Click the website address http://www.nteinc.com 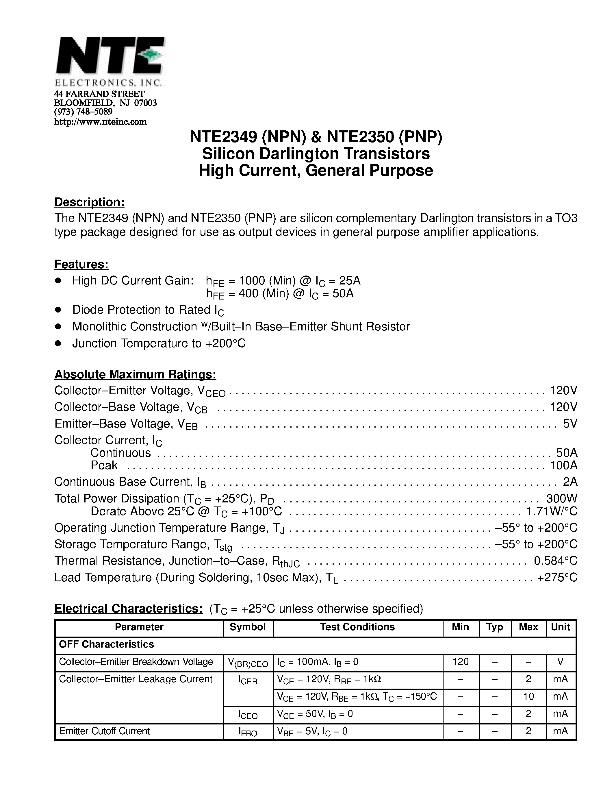[100, 122]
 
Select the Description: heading [90, 202]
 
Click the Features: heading [81, 264]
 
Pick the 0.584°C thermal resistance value [555, 561]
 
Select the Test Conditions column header [357, 627]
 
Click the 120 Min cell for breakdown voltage [461, 662]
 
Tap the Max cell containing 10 [528, 696]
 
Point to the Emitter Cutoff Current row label [104, 731]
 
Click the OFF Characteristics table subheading [107, 644]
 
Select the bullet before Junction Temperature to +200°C [58, 343]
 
